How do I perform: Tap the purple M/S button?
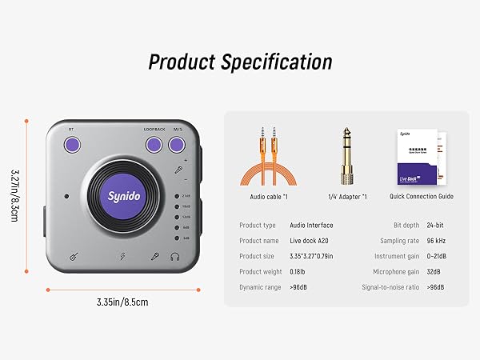pyautogui.click(x=176, y=145)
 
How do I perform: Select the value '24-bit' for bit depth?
pyautogui.click(x=435, y=226)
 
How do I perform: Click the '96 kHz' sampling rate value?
pyautogui.click(x=435, y=241)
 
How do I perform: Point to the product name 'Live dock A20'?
pyautogui.click(x=310, y=241)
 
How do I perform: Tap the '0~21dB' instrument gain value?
pyautogui.click(x=436, y=256)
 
